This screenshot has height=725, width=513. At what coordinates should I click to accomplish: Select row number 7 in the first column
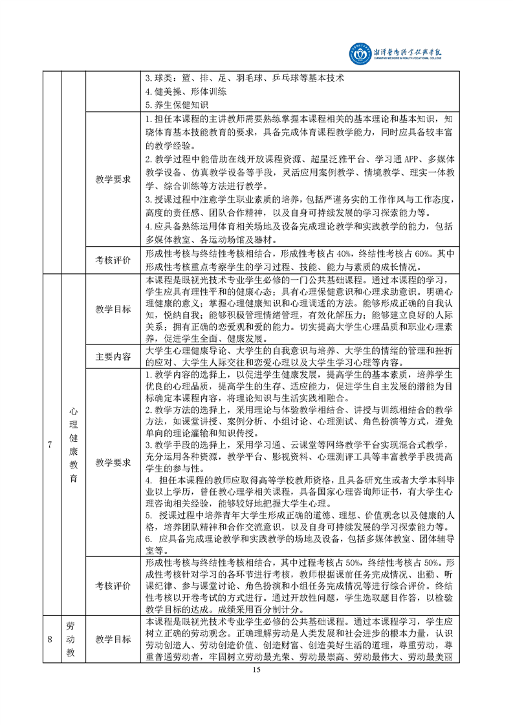click(x=50, y=445)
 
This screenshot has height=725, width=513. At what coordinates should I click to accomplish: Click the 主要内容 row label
click(x=113, y=356)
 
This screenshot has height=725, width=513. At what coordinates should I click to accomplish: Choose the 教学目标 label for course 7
click(x=113, y=309)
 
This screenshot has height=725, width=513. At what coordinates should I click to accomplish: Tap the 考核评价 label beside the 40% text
click(x=113, y=260)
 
